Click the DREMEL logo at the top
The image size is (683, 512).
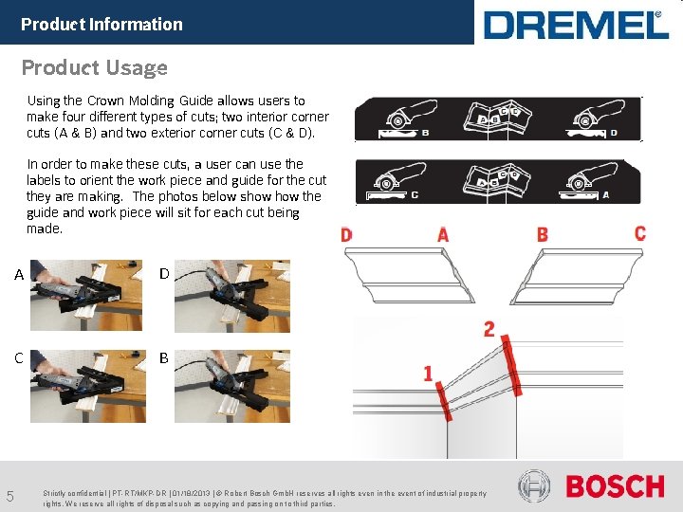[x=576, y=25]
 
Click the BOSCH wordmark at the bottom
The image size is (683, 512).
[x=615, y=487]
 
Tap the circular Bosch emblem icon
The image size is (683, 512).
[x=534, y=487]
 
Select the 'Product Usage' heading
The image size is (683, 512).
[x=94, y=67]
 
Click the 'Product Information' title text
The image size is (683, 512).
[x=102, y=25]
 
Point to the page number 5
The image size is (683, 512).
[x=9, y=496]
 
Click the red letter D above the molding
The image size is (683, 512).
[x=346, y=234]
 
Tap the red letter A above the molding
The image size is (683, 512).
[x=443, y=234]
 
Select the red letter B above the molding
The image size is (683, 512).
[x=542, y=233]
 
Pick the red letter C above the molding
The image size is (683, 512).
[x=640, y=232]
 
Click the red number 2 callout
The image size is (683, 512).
[x=489, y=329]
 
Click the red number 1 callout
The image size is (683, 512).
[x=428, y=374]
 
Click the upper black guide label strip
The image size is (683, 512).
[x=498, y=119]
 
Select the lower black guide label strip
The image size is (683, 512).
[x=498, y=181]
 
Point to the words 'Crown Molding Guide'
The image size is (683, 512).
[x=136, y=101]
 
